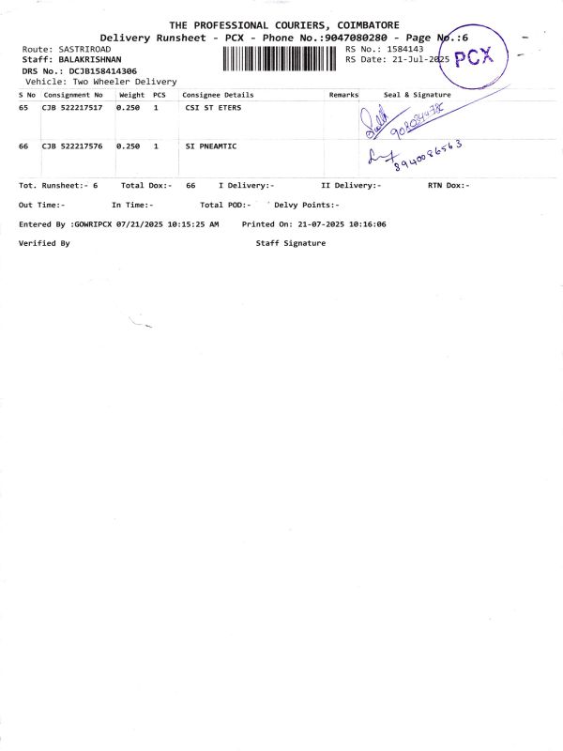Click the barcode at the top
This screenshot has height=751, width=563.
point(281,59)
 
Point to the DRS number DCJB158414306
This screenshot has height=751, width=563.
point(102,70)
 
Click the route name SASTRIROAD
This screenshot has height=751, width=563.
point(84,48)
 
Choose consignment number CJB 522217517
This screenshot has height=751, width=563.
point(72,108)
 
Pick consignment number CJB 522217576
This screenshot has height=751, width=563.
point(72,146)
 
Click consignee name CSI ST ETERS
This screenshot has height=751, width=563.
point(213,108)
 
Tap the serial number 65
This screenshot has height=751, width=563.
point(24,108)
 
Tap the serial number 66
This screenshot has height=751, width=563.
point(24,146)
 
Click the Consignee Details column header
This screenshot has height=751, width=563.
point(218,95)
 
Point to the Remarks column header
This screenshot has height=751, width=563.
point(343,95)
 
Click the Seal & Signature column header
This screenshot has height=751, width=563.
point(417,95)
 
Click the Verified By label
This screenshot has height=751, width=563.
point(44,243)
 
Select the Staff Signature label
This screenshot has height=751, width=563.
point(291,243)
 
